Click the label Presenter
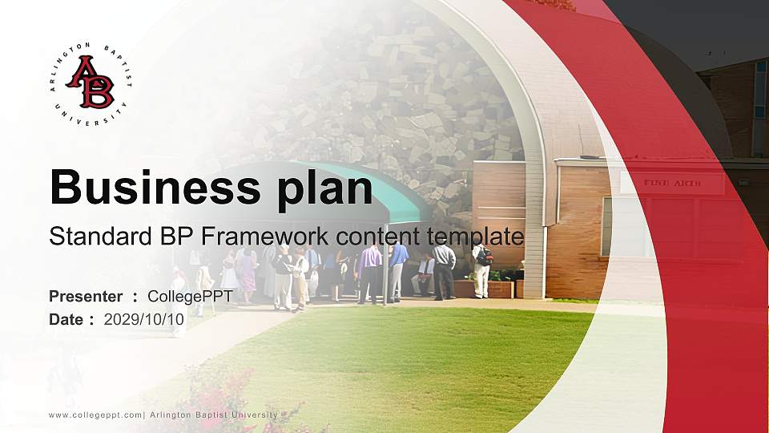(x=86, y=297)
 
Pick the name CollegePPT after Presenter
(x=190, y=297)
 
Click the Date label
(x=66, y=319)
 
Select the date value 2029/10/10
(x=144, y=319)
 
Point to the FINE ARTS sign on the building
(x=672, y=184)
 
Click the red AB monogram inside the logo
(x=90, y=82)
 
